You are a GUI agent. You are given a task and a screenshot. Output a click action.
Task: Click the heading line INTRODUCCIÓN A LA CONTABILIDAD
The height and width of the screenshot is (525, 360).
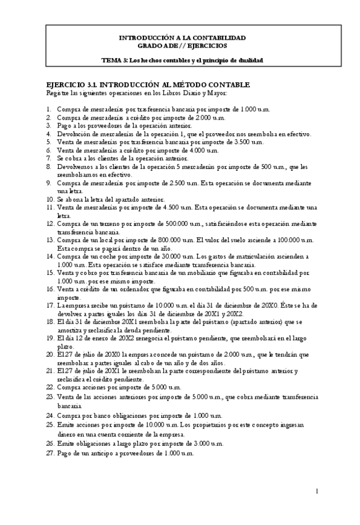coord(182,38)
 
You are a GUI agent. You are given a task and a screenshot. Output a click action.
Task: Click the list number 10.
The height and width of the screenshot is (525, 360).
coord(50,199)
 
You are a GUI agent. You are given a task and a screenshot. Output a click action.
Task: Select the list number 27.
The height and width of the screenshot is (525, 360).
coord(50,453)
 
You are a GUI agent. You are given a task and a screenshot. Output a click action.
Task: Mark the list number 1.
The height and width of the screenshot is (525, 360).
coord(49,110)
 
